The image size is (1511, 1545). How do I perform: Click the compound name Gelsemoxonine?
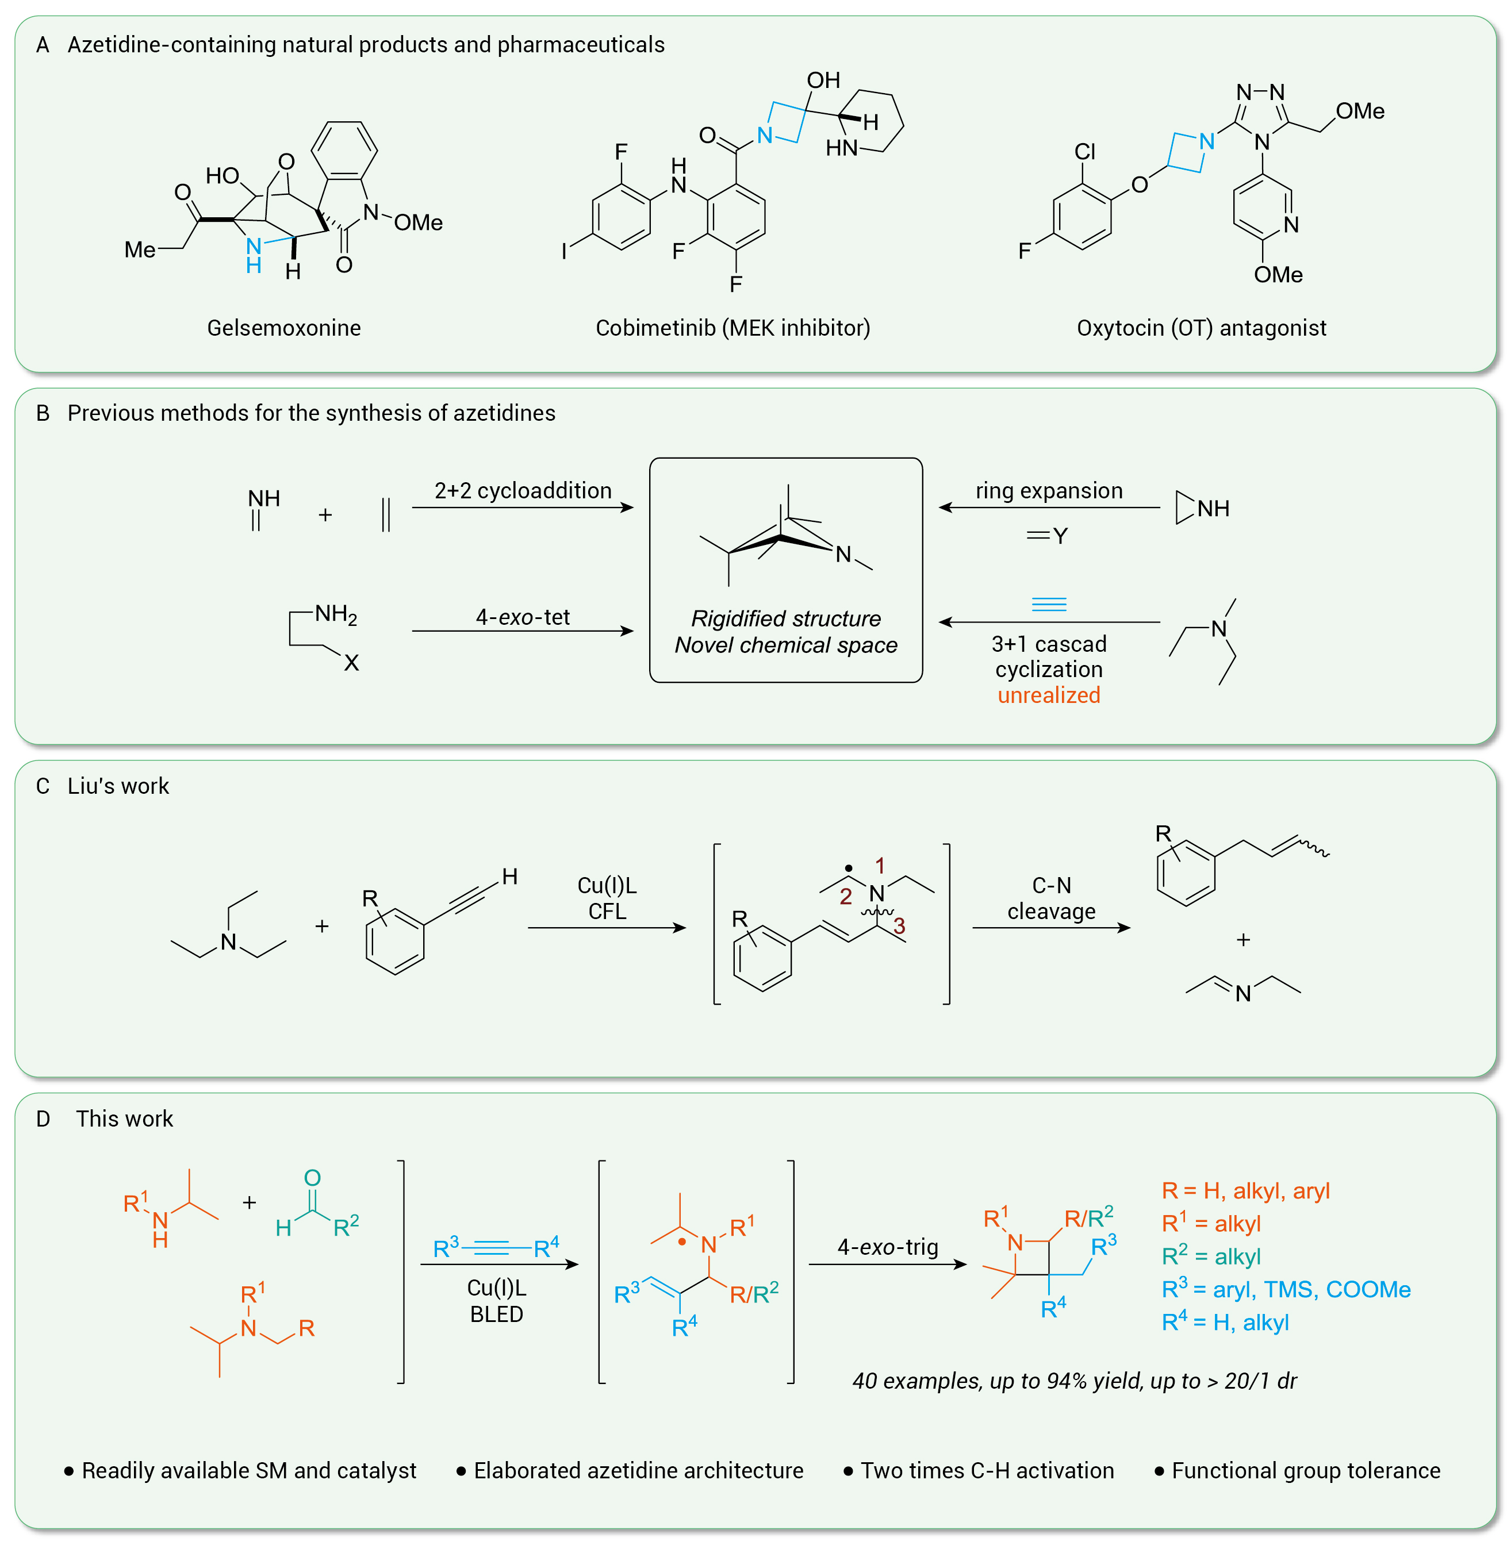pos(283,328)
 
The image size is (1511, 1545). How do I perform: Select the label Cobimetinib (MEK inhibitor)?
pos(733,328)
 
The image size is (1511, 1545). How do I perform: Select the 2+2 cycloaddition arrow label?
pos(523,490)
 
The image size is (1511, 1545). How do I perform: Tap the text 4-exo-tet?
pos(523,617)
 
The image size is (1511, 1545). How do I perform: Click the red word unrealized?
pos(1048,695)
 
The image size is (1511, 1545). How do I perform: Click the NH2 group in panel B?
pos(336,613)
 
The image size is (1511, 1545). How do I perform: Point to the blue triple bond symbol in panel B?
pos(1048,605)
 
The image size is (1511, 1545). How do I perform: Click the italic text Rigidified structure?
pos(785,618)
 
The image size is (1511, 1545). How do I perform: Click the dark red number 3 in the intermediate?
pos(899,926)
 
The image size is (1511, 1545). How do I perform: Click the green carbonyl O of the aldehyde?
pos(312,1178)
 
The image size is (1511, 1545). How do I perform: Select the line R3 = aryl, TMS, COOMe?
pos(1286,1289)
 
